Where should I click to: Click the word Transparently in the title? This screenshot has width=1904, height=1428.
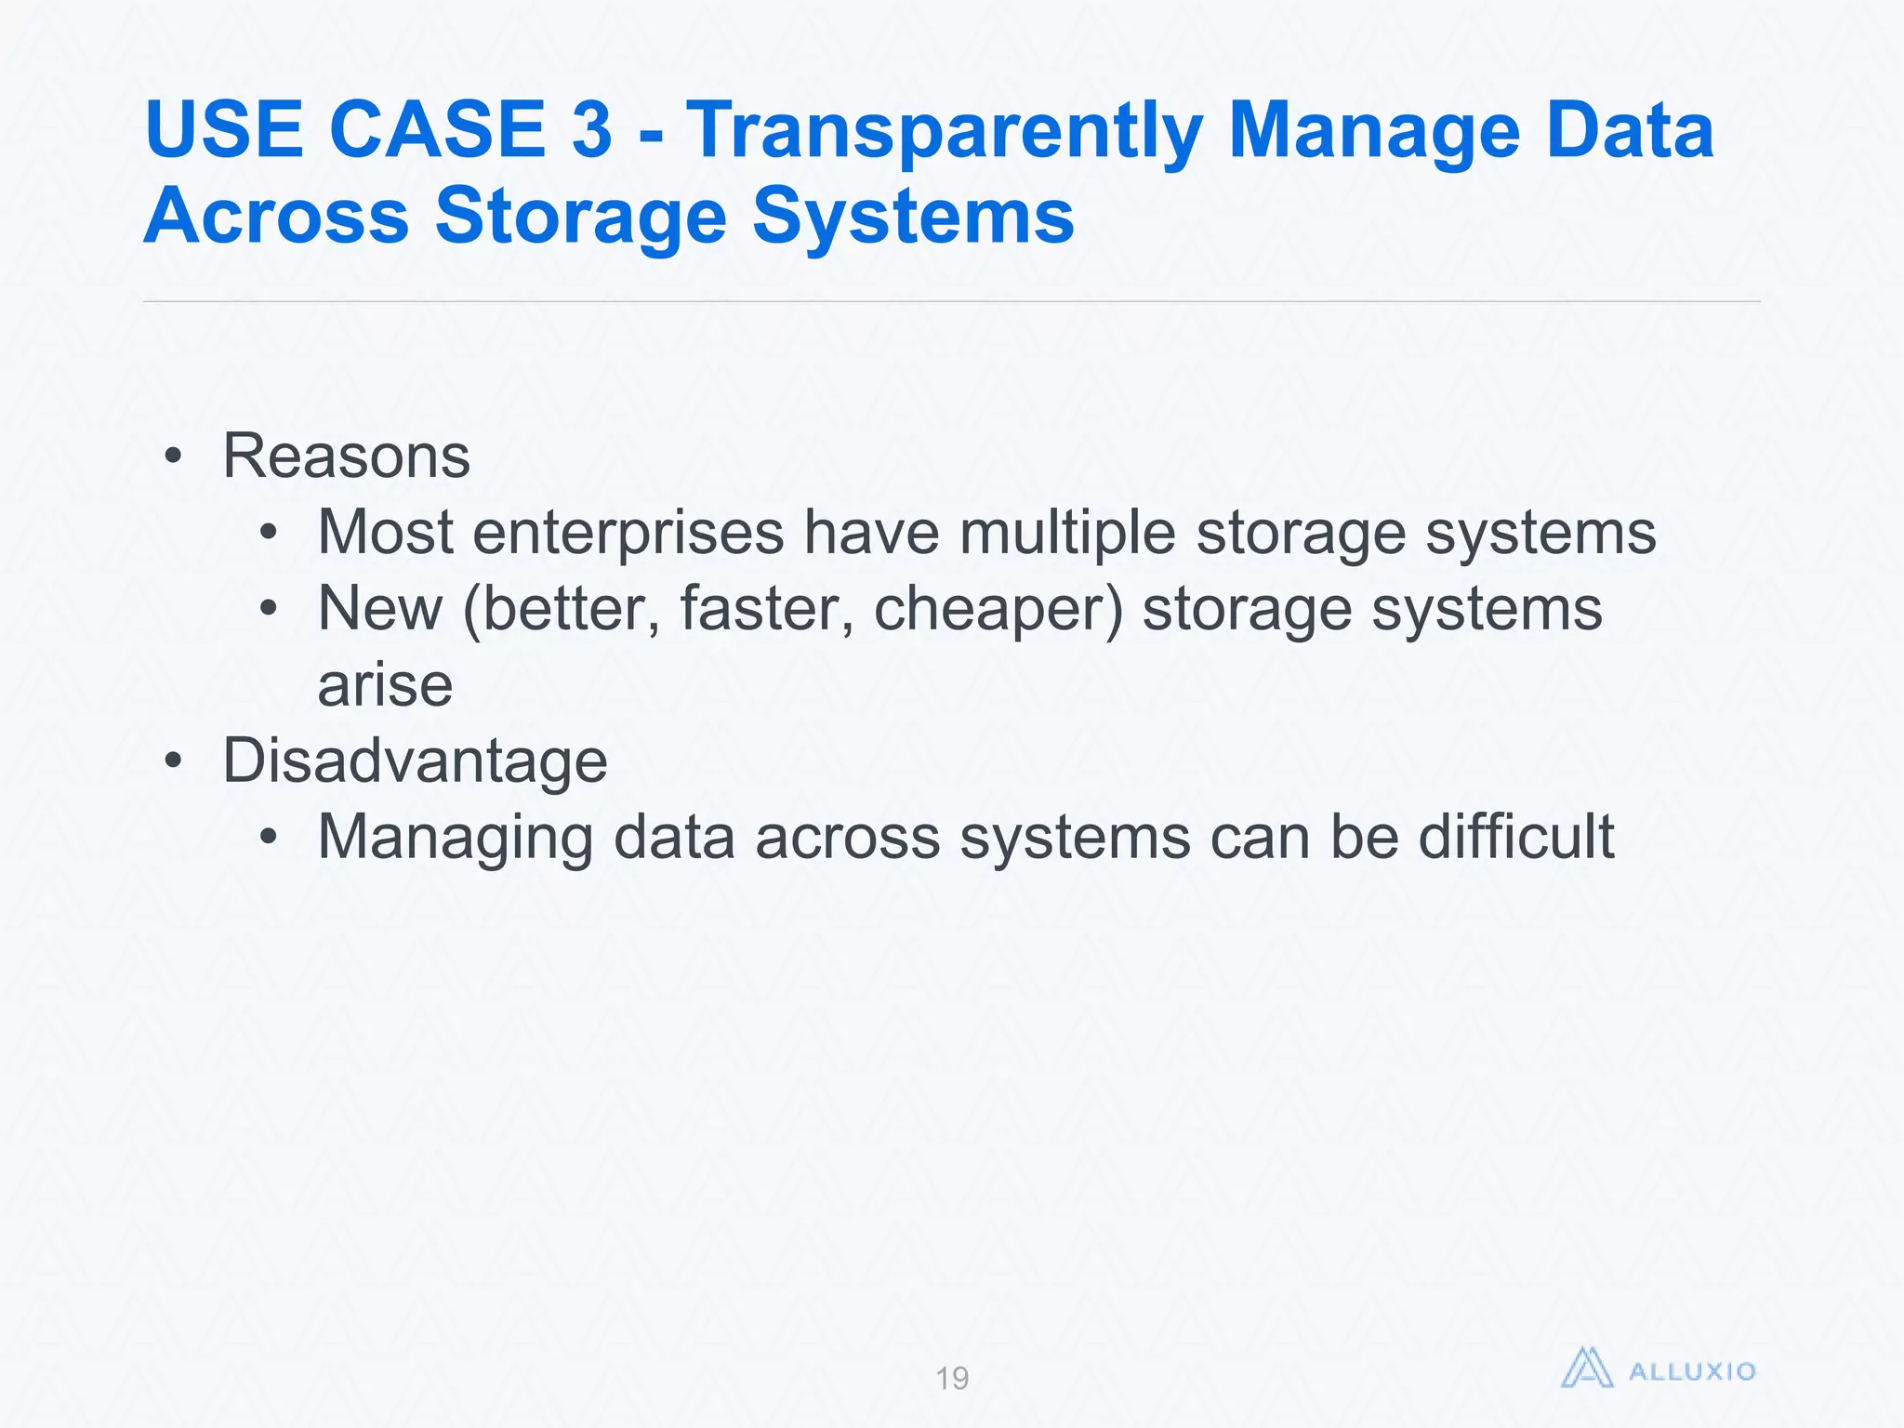(x=944, y=131)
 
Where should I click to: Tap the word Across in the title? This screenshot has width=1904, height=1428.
(x=276, y=216)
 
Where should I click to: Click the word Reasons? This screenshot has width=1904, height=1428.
(x=346, y=456)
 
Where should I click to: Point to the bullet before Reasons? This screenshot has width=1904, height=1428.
(x=173, y=457)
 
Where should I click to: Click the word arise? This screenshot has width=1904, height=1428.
(x=385, y=685)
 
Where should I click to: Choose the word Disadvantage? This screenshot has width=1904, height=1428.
(x=415, y=760)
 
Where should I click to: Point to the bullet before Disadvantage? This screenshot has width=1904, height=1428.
(x=173, y=761)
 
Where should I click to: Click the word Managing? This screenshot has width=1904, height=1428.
(x=455, y=837)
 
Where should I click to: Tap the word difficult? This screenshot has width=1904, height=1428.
(x=1516, y=837)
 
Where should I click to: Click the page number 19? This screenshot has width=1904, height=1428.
(x=952, y=1378)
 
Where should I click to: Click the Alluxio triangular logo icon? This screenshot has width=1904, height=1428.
(x=1586, y=1369)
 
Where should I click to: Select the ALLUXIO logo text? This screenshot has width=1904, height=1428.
(x=1692, y=1371)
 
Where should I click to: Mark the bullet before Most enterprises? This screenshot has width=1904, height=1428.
(x=269, y=534)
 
